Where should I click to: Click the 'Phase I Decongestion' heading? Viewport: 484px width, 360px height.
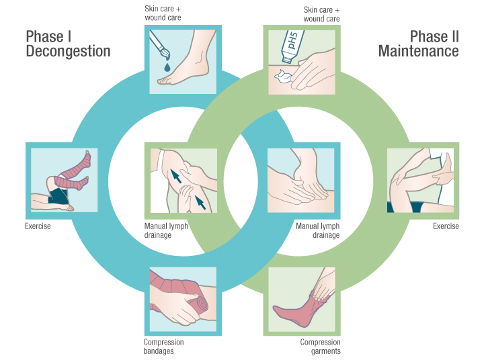[x=67, y=44]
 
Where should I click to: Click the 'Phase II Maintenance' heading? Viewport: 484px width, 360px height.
[x=418, y=44]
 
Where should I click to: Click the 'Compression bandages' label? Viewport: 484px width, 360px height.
[x=163, y=347]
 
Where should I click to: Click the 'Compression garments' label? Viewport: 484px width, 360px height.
[x=321, y=347]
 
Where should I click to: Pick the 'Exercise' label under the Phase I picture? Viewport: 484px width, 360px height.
[x=38, y=226]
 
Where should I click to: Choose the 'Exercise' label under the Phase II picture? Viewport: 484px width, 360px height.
[x=446, y=226]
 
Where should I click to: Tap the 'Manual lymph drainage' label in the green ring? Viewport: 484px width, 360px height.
[x=318, y=231]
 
